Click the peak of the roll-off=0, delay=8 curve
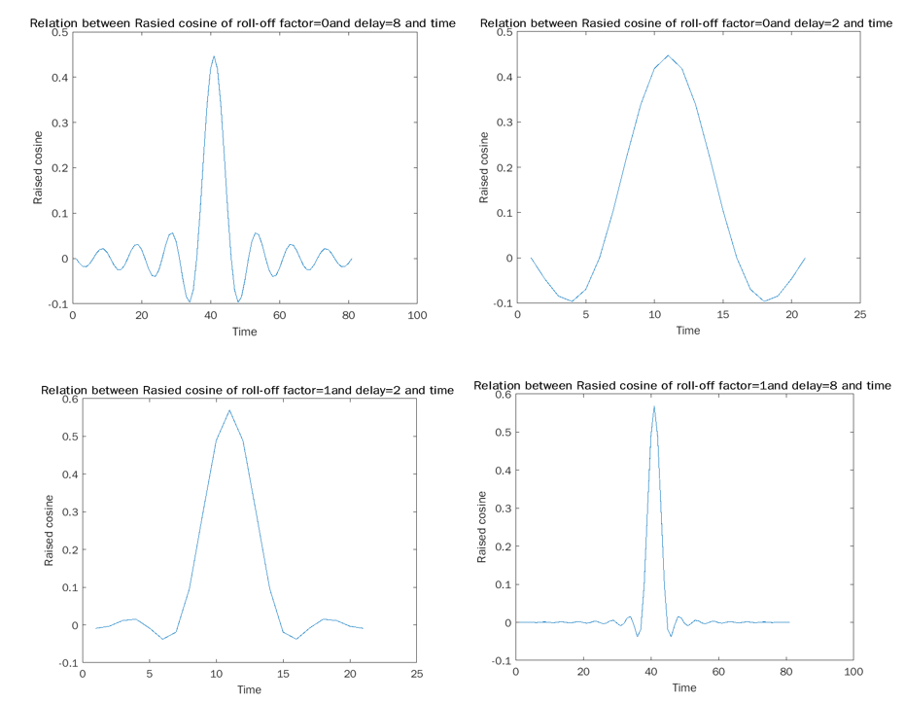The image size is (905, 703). click(x=214, y=55)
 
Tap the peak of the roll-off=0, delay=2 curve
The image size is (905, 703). click(x=668, y=55)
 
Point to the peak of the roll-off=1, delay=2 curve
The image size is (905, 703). click(x=229, y=409)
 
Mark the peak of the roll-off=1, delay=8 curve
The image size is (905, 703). click(x=654, y=405)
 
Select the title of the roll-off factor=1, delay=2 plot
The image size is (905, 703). click(x=247, y=390)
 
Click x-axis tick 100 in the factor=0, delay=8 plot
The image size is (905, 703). click(x=417, y=316)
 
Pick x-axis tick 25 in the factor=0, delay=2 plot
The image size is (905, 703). click(x=859, y=315)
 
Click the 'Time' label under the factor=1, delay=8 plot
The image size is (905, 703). click(x=683, y=687)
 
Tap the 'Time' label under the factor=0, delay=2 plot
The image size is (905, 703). click(x=687, y=331)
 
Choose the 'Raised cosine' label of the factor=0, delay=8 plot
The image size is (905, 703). click(x=39, y=168)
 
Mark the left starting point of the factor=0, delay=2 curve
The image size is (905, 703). click(x=531, y=258)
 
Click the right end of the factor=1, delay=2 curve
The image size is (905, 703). click(x=363, y=628)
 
